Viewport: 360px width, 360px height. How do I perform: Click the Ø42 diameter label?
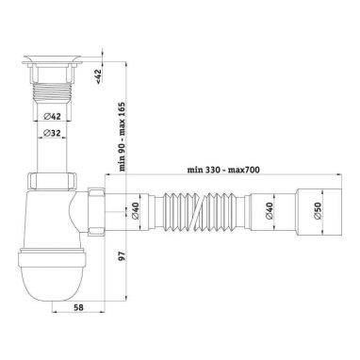pyautogui.click(x=53, y=117)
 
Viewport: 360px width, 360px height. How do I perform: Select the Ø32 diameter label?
pyautogui.click(x=52, y=133)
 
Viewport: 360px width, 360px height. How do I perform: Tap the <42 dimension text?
pyautogui.click(x=99, y=76)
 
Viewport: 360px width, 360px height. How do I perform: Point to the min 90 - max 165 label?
pyautogui.click(x=123, y=136)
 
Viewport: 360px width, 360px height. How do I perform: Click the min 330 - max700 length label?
pyautogui.click(x=223, y=170)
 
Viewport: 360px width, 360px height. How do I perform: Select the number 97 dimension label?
pyautogui.click(x=123, y=255)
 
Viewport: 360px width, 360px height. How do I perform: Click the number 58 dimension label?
pyautogui.click(x=78, y=307)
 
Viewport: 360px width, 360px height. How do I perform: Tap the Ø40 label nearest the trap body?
pyautogui.click(x=135, y=211)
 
